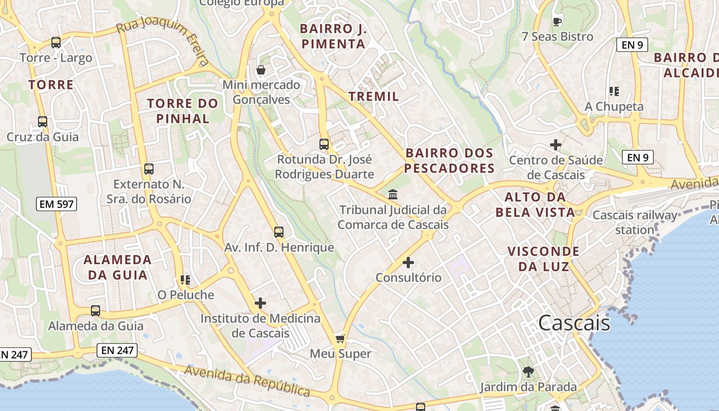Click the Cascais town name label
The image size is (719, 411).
point(574,323)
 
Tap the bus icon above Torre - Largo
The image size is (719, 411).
point(56,43)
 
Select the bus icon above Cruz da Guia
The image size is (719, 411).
point(43,122)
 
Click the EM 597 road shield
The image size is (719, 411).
point(57,204)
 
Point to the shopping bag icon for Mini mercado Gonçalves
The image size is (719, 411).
point(261,70)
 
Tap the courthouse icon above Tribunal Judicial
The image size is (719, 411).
point(393,194)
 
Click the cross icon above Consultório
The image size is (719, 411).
point(408,263)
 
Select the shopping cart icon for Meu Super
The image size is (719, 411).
point(340,339)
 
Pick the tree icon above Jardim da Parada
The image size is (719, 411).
point(528,371)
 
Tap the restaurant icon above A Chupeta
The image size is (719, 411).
point(614,91)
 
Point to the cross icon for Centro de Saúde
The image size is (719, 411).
point(556,145)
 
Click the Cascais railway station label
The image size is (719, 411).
point(635,222)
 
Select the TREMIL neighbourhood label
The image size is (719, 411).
point(373,96)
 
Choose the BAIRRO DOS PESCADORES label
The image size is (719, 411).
point(449,160)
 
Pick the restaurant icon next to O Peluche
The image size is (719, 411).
point(185,280)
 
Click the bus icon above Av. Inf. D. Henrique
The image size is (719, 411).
point(279,232)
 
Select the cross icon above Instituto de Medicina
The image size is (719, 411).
point(260,303)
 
